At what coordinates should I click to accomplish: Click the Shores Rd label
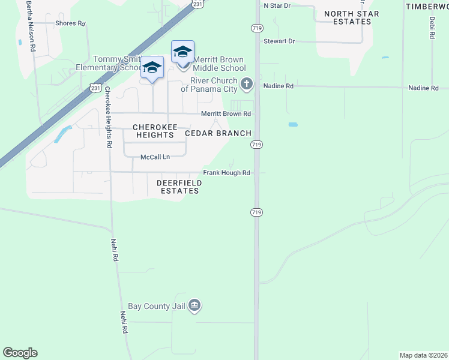70,23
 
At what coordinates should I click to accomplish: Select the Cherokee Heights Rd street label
108,118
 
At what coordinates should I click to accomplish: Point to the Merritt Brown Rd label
225,114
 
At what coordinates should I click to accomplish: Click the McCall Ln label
155,157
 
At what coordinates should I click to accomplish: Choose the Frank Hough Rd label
226,173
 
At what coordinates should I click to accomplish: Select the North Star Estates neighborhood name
351,17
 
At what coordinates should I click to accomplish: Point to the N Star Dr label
277,5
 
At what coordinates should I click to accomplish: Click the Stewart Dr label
279,41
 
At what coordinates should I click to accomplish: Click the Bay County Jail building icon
194,306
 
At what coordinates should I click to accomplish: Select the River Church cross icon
247,85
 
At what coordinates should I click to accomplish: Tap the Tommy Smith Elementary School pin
152,67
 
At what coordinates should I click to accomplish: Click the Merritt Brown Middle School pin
182,52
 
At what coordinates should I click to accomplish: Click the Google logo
20,353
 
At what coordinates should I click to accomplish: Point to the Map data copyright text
423,355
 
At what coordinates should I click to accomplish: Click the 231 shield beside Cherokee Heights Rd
95,88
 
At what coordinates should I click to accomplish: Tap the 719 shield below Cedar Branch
256,145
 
